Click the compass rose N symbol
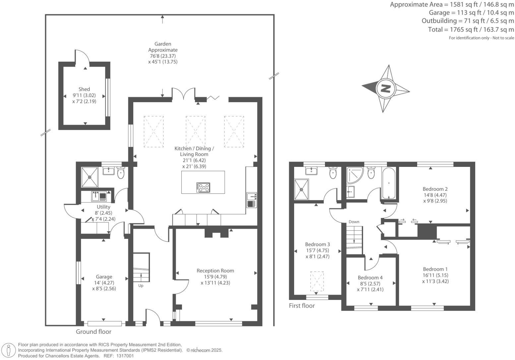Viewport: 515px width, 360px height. click(x=385, y=89)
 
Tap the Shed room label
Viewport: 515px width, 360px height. click(x=84, y=89)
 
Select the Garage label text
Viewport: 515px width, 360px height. click(x=104, y=277)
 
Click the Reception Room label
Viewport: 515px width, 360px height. click(x=215, y=271)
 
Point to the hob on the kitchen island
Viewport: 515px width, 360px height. click(x=203, y=187)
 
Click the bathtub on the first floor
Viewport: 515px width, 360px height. click(x=389, y=183)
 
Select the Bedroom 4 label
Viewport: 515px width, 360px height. click(x=370, y=278)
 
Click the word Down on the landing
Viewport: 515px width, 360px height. click(x=354, y=222)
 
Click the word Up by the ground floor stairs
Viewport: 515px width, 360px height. click(x=141, y=286)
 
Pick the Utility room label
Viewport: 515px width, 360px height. click(x=103, y=207)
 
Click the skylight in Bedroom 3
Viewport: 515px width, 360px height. click(x=317, y=282)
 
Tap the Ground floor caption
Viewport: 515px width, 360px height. click(x=94, y=331)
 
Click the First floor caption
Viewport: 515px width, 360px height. click(x=302, y=306)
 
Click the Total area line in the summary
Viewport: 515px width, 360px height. click(x=471, y=30)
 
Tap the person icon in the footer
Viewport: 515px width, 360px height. click(x=9, y=350)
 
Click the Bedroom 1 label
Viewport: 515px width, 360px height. click(x=435, y=269)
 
